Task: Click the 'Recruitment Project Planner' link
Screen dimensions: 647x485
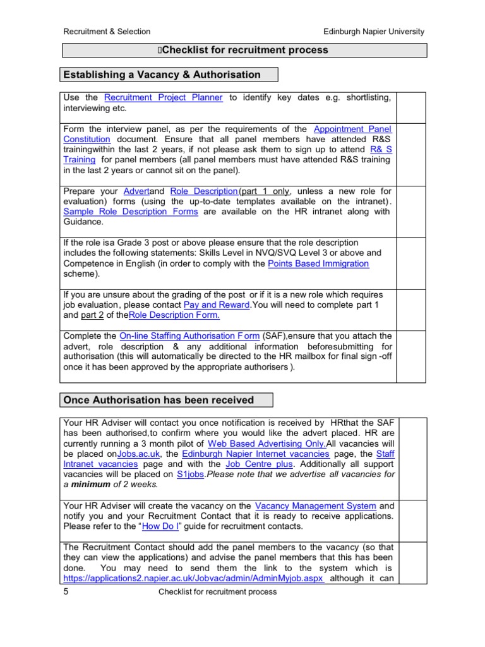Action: (x=163, y=97)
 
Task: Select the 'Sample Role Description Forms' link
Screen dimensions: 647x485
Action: (x=130, y=212)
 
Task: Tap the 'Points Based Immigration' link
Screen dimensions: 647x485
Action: (x=318, y=263)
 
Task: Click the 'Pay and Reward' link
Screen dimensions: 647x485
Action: (x=217, y=305)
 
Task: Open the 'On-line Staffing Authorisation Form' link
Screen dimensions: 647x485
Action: (x=189, y=336)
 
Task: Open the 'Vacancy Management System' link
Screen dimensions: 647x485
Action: (x=315, y=505)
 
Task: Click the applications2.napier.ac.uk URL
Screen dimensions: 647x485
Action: (x=193, y=578)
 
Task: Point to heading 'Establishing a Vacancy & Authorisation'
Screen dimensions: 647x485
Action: (x=161, y=75)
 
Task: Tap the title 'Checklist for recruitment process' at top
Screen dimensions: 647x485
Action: (x=243, y=50)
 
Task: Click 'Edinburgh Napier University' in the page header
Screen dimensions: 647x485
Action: (x=374, y=31)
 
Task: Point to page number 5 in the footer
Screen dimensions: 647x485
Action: (x=66, y=592)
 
